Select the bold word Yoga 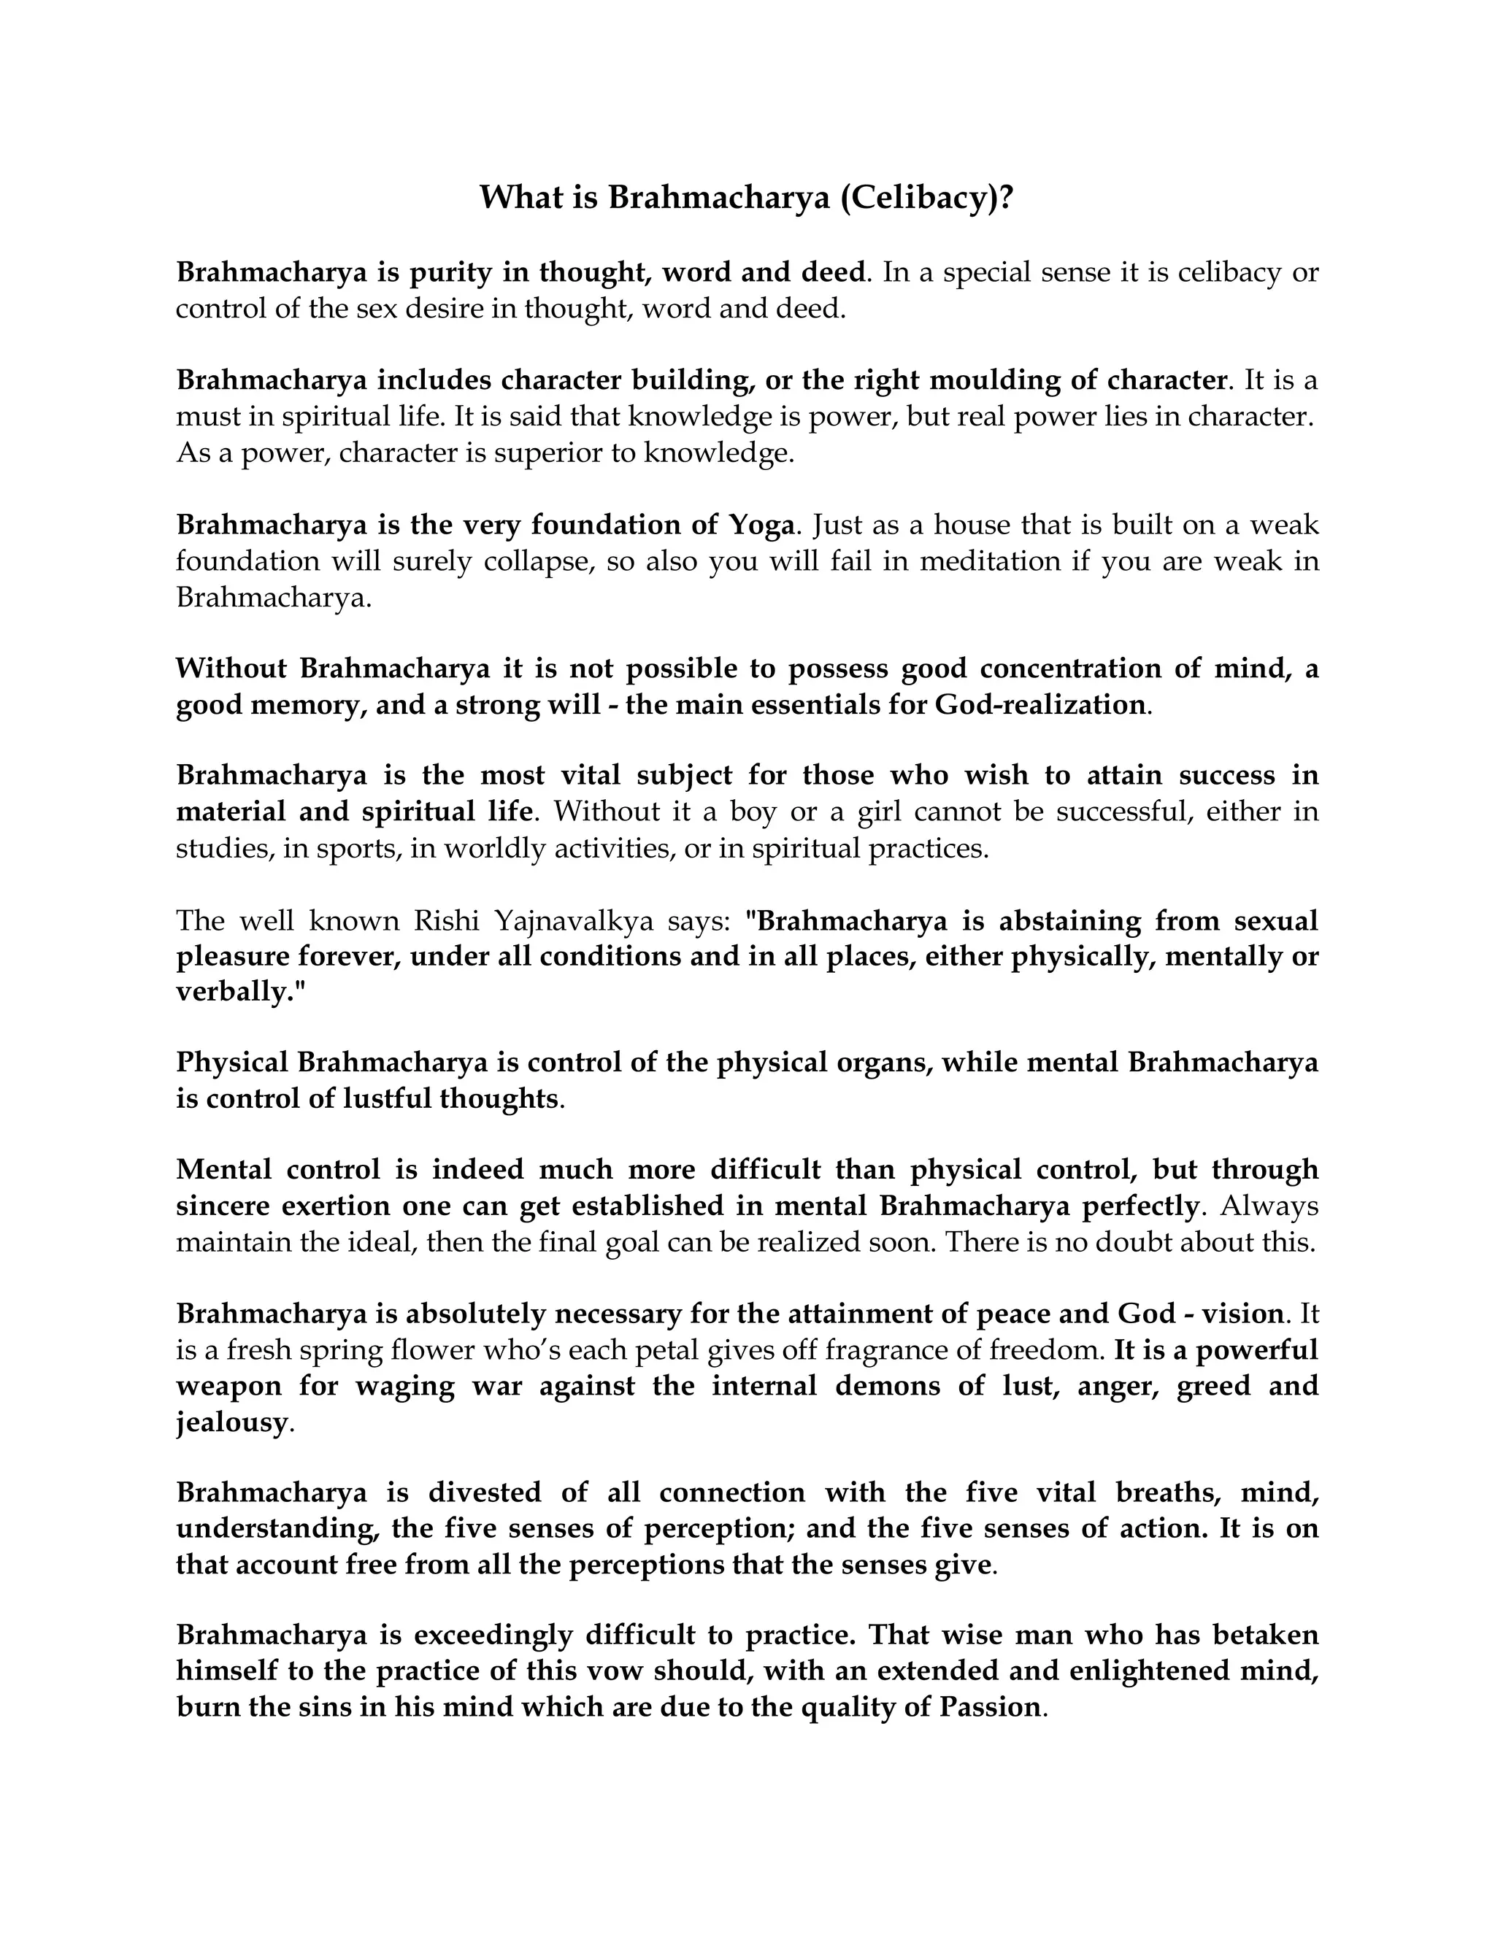click(761, 525)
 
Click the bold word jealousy click(232, 1423)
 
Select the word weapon click(228, 1387)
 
